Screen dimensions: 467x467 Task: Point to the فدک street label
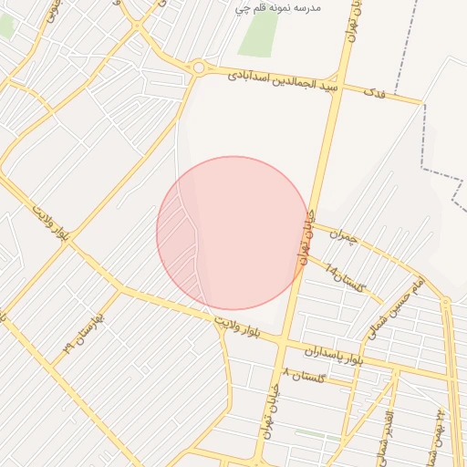(x=373, y=92)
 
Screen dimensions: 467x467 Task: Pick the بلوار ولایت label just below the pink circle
(x=245, y=327)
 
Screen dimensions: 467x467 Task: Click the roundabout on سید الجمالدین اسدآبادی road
(x=199, y=67)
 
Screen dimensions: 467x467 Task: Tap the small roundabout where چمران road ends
(x=445, y=300)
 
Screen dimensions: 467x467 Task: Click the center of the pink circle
(x=233, y=233)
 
